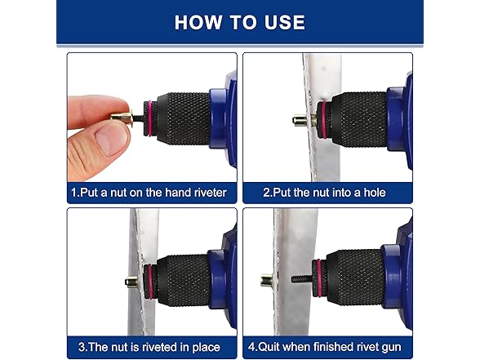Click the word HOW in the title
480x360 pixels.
198,22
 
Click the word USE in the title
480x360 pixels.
285,22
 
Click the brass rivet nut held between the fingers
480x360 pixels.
122,118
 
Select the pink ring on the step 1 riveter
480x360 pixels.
149,118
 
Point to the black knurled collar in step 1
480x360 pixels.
183,118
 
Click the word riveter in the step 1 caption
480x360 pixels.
211,193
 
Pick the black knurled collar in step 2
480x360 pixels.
358,119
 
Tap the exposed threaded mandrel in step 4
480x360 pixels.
301,279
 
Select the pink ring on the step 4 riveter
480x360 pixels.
319,278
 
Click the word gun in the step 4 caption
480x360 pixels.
392,347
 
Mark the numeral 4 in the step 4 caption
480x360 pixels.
251,347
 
